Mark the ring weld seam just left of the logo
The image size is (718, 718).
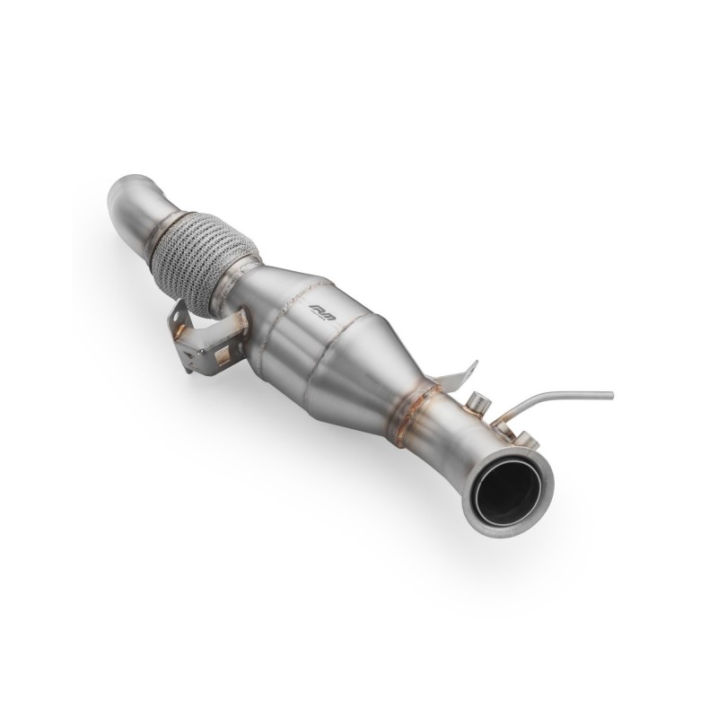point(285,305)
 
